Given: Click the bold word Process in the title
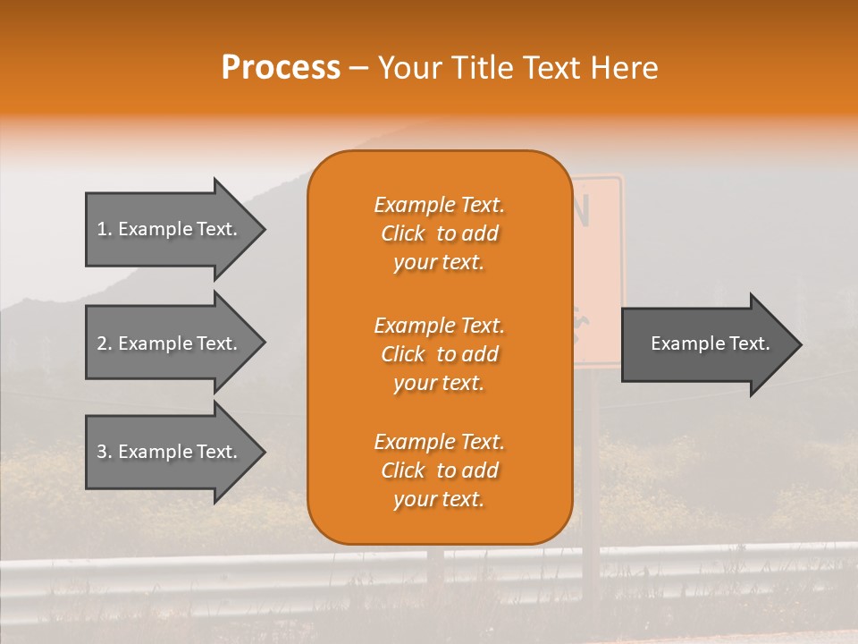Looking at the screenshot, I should coord(281,68).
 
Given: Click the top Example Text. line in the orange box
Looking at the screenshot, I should coord(439,206).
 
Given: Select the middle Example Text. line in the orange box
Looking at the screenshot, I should coord(439,326).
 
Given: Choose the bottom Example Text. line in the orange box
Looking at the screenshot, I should coord(439,442).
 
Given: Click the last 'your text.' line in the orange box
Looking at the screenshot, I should coord(439,500).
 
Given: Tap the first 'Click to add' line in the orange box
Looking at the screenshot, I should coord(439,234).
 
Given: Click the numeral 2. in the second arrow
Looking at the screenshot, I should coord(105,343).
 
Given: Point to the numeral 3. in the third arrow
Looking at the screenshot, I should coord(105,452).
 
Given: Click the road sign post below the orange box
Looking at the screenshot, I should coord(590,572).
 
